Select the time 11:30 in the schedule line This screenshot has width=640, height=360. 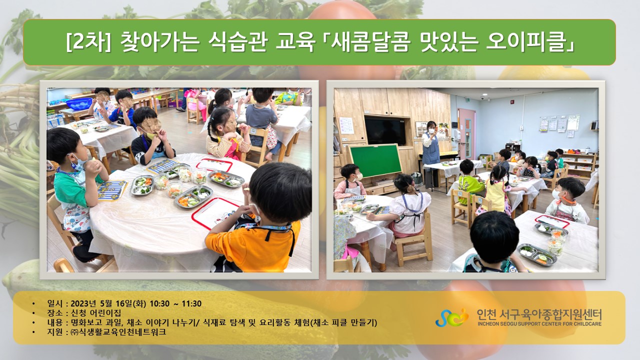(x=191, y=303)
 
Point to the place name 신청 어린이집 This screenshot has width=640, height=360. (x=95, y=313)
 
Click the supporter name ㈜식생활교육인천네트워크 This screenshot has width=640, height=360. (x=118, y=332)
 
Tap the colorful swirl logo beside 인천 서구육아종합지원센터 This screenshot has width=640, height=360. (x=452, y=317)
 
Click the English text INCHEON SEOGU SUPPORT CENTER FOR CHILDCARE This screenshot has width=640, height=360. (x=539, y=323)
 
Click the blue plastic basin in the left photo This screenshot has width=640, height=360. (x=79, y=103)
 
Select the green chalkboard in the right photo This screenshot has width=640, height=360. (x=375, y=160)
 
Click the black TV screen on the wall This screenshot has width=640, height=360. (x=385, y=131)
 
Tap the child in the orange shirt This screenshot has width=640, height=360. (x=260, y=220)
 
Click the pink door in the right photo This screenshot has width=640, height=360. (x=466, y=133)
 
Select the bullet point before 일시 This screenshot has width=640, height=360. (x=33, y=303)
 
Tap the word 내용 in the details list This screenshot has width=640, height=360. (x=55, y=322)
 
